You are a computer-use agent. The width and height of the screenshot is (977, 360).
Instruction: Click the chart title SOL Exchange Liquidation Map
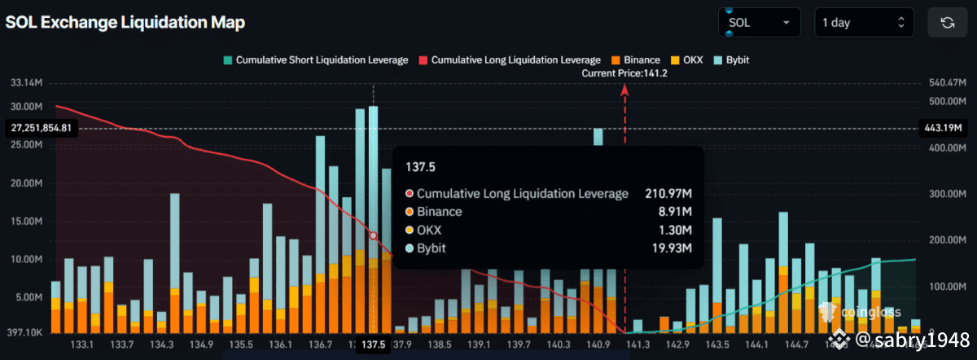coord(125,23)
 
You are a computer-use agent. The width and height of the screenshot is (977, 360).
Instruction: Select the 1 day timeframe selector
coord(863,23)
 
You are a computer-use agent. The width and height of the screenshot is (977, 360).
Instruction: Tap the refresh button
coord(948,23)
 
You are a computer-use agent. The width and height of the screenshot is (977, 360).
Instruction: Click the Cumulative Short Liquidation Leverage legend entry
coord(315,60)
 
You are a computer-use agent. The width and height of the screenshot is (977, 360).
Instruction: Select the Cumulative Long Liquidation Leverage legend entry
coord(510,60)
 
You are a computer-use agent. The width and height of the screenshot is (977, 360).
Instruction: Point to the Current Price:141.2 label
coord(630,73)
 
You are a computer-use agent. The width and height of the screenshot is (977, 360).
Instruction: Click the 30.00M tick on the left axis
coord(28,107)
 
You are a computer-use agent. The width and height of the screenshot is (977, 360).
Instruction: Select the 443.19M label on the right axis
coord(944,128)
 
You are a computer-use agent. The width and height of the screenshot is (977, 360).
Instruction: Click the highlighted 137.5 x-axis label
coord(374,345)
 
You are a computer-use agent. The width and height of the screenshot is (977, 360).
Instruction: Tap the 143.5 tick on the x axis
coord(717,345)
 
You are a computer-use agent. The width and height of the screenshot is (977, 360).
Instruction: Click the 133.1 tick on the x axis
coord(82,345)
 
